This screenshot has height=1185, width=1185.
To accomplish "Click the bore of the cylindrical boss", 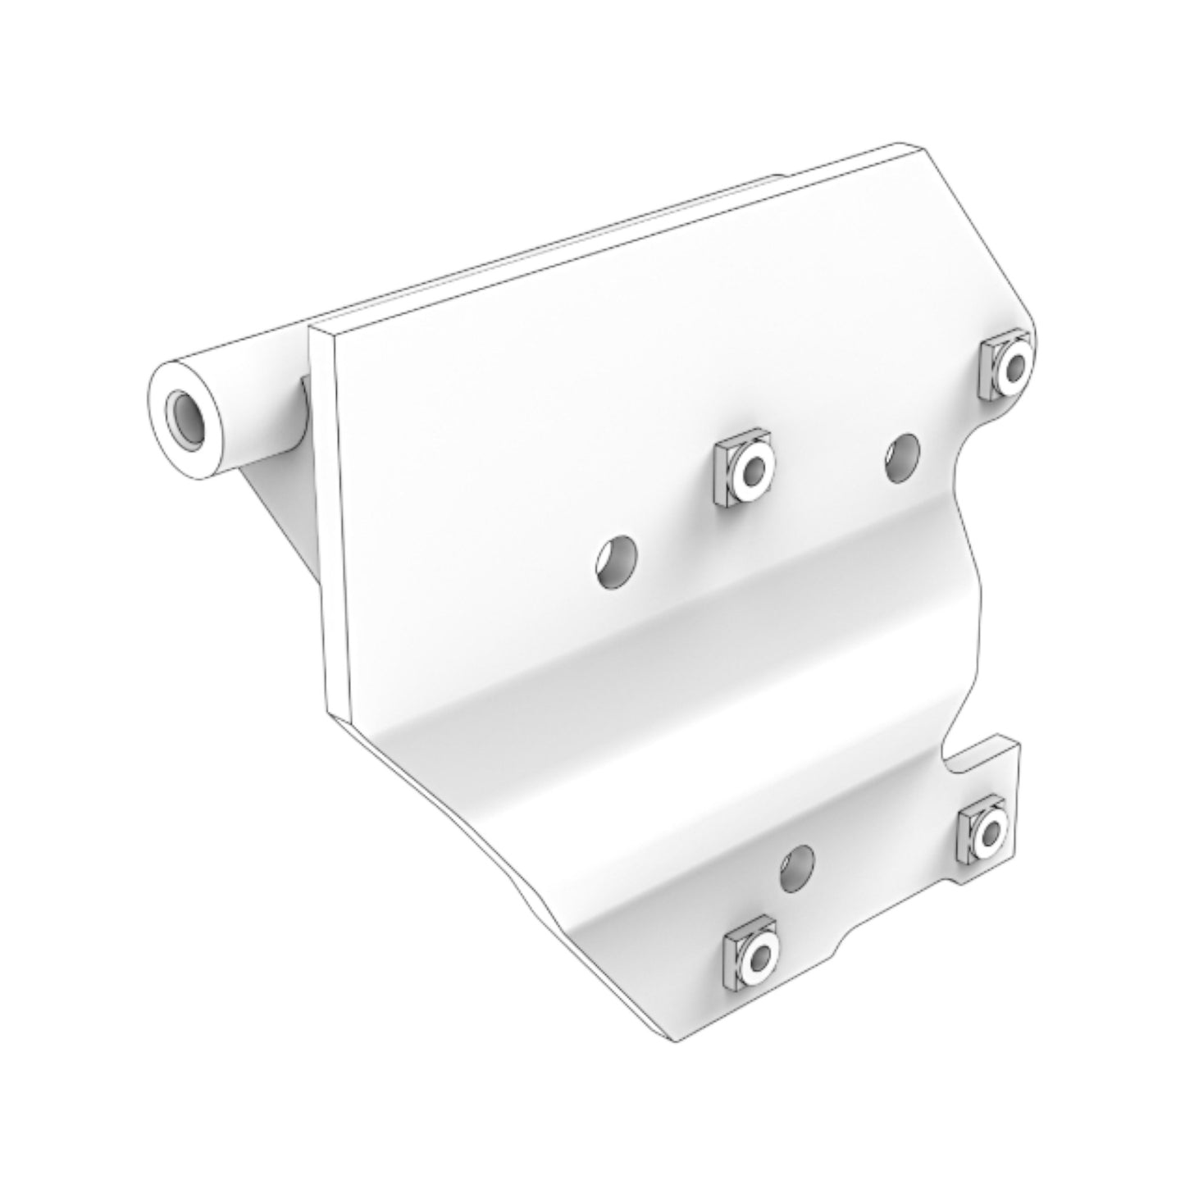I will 185,419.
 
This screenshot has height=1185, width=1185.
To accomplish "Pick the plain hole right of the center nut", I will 902,458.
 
